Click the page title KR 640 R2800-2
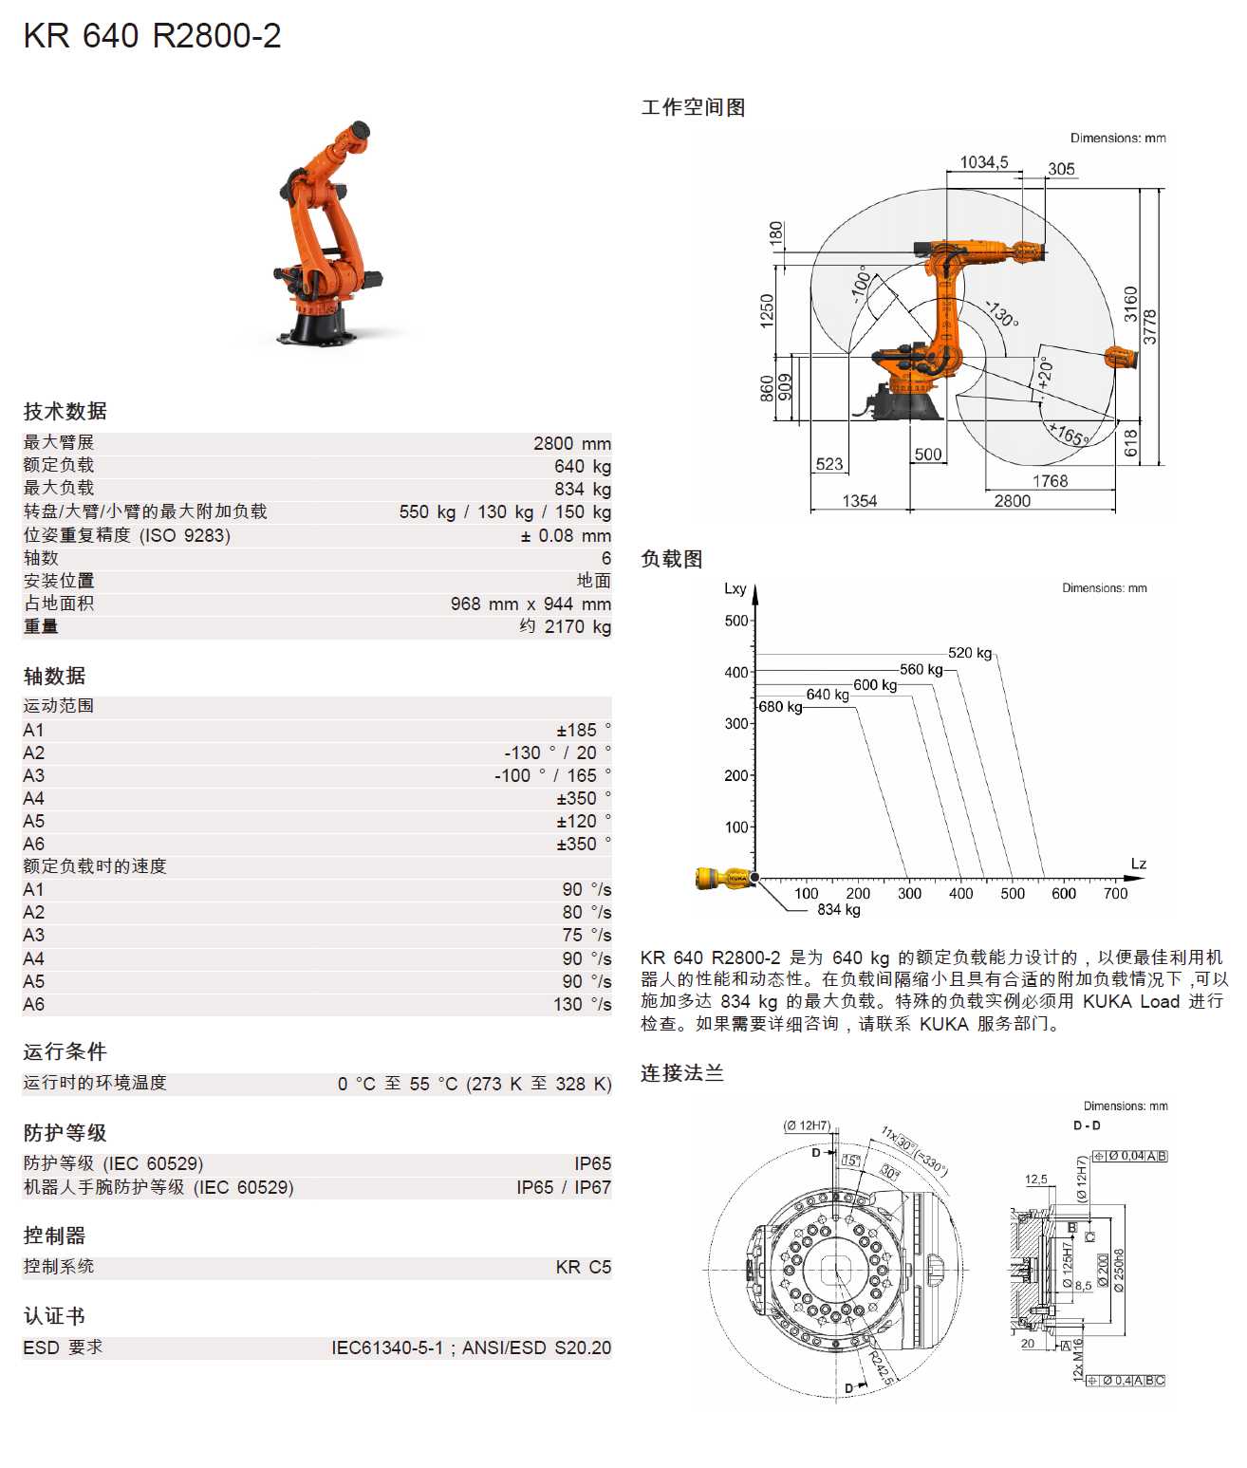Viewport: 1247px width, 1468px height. click(152, 36)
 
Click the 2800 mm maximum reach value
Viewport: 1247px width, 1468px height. click(571, 443)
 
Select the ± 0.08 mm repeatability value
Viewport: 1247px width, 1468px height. click(565, 535)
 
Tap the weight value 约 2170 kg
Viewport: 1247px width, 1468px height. click(565, 626)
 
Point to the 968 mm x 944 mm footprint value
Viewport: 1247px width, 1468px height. click(530, 604)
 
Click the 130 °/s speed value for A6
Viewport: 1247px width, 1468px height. click(582, 1004)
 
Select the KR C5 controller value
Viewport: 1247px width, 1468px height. click(583, 1267)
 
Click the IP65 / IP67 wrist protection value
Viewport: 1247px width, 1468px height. click(563, 1187)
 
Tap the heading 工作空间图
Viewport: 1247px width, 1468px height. click(693, 107)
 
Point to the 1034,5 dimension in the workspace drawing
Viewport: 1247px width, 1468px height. click(983, 162)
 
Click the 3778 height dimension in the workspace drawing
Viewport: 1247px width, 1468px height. click(1149, 326)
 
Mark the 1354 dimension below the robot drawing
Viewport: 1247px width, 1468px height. click(859, 501)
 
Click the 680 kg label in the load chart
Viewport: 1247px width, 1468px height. click(780, 707)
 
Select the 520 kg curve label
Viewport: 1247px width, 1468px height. click(969, 653)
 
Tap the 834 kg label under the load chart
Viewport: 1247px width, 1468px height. click(838, 910)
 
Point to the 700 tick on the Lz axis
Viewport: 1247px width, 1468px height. click(1115, 893)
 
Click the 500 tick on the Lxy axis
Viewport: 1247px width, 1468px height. click(735, 621)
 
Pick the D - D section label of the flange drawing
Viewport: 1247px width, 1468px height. click(1087, 1125)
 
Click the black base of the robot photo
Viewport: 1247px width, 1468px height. click(317, 326)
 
